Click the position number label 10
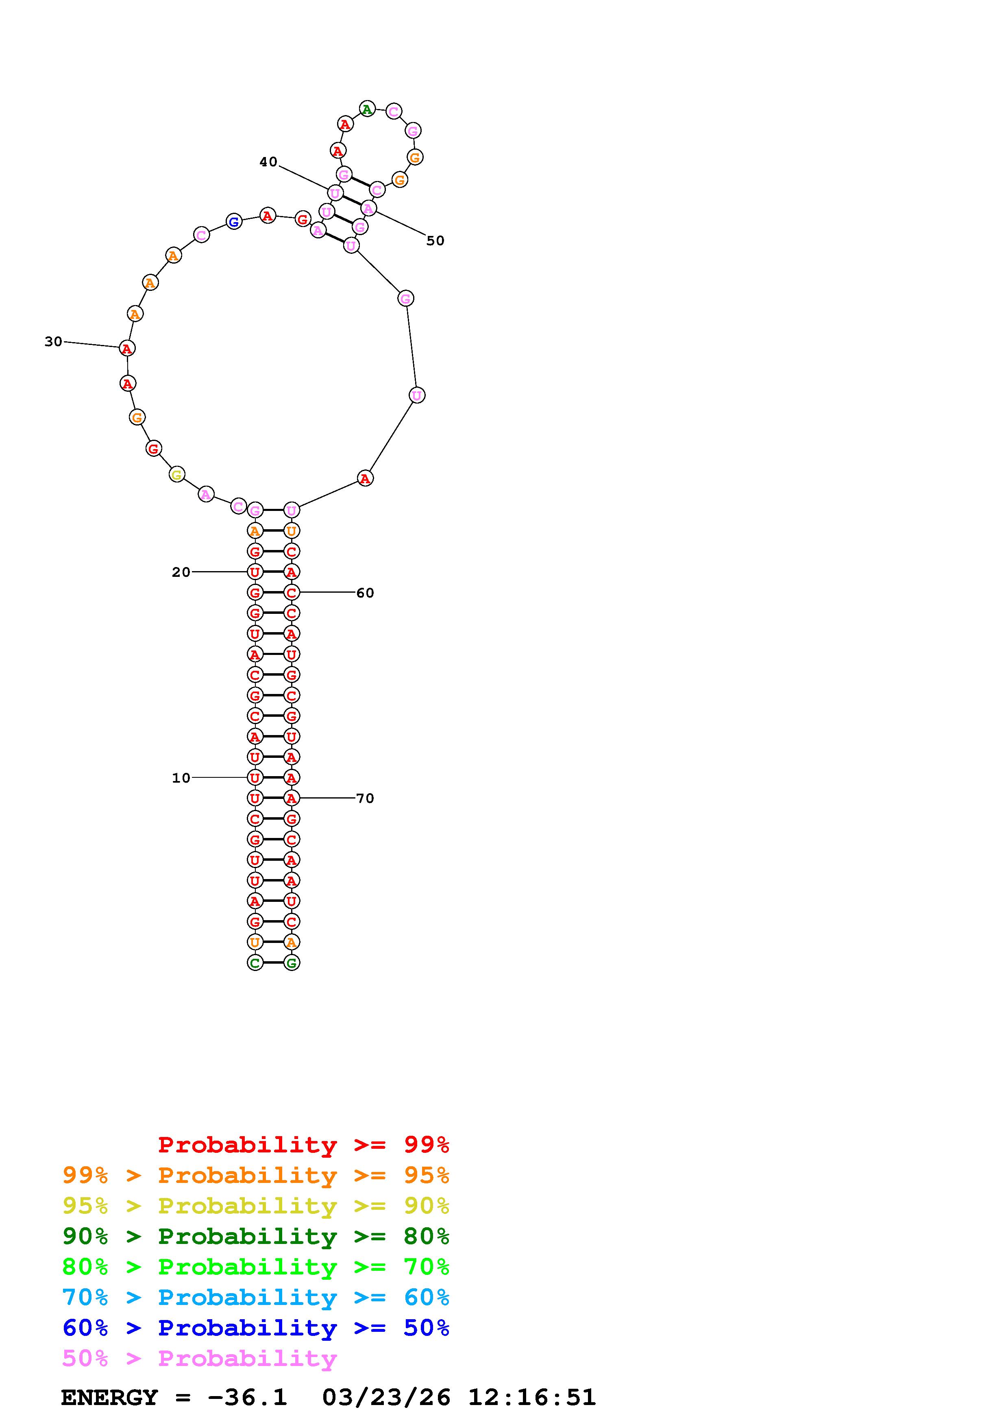tap(181, 777)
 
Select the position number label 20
tap(181, 572)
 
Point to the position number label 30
tap(53, 341)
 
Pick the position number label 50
tap(435, 240)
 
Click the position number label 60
tap(365, 593)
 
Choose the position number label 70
tap(365, 798)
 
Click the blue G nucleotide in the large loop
tap(233, 221)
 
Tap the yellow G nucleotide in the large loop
tap(177, 475)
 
